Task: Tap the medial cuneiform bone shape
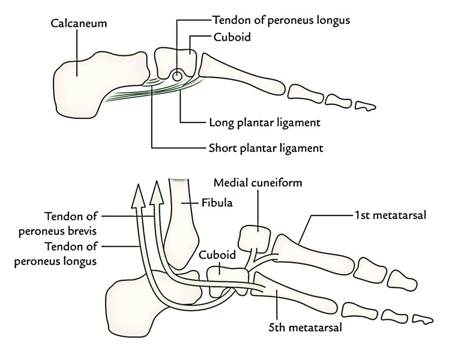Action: (x=257, y=238)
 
